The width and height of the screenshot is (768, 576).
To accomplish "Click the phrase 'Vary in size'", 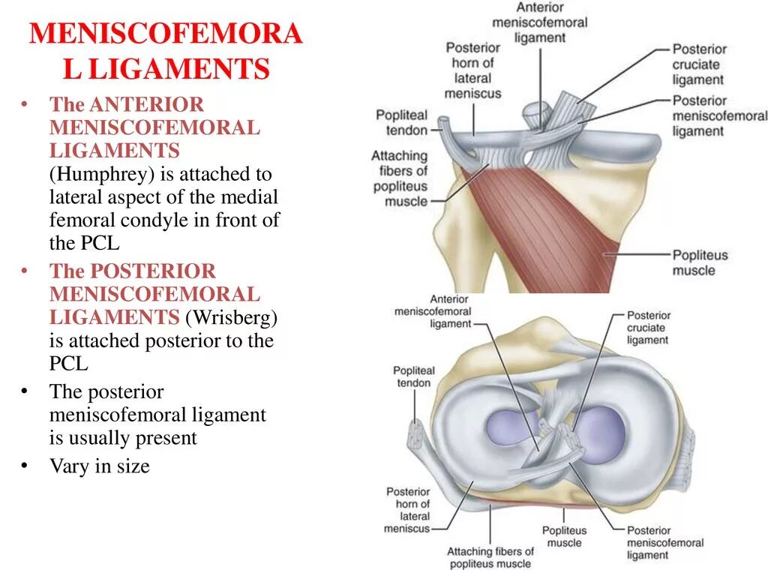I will (x=100, y=466).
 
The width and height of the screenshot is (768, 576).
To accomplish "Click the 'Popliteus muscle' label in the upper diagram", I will (x=700, y=262).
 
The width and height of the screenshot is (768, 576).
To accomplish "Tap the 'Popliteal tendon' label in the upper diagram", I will (x=401, y=122).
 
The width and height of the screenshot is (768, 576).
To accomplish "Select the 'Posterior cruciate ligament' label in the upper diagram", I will (x=697, y=64).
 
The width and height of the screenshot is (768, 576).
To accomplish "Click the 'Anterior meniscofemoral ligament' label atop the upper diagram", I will (x=539, y=22).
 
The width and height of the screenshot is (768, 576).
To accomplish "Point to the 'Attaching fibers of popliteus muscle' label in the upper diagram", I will (x=399, y=178).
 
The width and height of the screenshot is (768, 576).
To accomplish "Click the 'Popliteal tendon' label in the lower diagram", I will (x=413, y=376).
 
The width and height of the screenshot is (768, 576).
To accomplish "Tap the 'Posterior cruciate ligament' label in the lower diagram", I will (x=648, y=328).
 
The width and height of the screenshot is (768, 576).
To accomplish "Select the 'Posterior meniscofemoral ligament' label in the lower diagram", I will (x=664, y=542).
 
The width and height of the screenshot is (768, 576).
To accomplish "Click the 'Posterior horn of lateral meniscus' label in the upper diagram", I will (x=472, y=70).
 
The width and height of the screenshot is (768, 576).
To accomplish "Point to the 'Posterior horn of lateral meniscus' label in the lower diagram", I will (x=408, y=510).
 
